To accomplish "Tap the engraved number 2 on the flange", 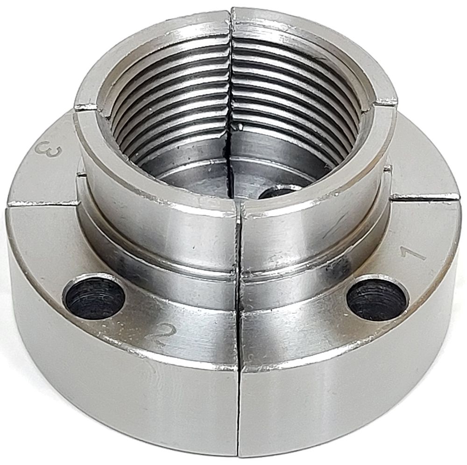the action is click(x=163, y=334).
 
